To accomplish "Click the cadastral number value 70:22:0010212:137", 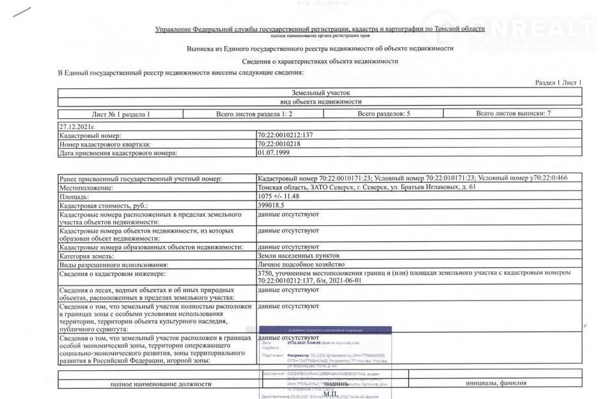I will pos(285,136).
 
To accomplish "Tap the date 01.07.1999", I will pos(272,153).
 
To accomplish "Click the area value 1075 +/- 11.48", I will pos(278,197).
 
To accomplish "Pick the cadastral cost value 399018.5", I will pos(271,206).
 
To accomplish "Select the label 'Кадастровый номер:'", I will pos(90,136).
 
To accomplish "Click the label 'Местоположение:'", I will pos(86,188).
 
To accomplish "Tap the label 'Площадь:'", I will pos(74,197).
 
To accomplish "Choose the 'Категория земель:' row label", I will pos(86,256).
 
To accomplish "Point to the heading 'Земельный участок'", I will pos(320,93).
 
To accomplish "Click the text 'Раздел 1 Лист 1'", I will pos(558,83).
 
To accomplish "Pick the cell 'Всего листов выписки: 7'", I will pos(514,114).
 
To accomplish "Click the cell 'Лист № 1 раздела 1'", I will pos(121,114).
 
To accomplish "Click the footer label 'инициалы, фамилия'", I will pos(501,384).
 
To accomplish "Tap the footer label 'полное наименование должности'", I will pos(161,384).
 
